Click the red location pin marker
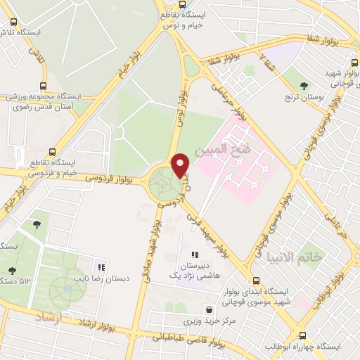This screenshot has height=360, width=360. tap(181, 165)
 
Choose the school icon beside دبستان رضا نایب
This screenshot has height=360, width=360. tap(101, 267)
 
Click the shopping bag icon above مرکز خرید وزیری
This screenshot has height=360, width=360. tap(210, 309)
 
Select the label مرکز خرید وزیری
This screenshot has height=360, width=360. tap(210, 321)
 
